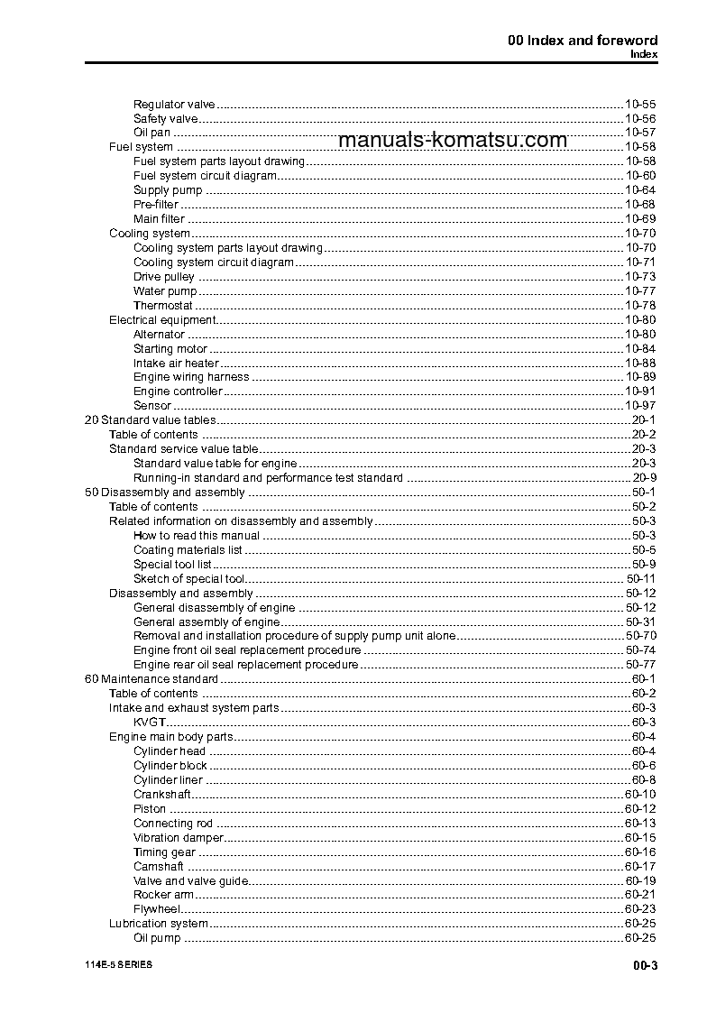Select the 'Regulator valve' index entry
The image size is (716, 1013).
coord(174,104)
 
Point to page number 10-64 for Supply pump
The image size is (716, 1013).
coord(640,190)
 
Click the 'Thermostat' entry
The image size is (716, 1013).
coord(163,306)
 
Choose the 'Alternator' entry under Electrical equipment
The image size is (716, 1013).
coord(159,335)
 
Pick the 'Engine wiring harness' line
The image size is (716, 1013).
coord(191,377)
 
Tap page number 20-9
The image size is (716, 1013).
coord(644,478)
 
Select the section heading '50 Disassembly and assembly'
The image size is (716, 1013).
coord(164,493)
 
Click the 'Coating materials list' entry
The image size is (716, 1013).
coord(188,550)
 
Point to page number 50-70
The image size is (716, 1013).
coord(640,636)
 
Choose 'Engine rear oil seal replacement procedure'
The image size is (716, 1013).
coord(245,665)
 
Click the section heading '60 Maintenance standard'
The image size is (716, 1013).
coord(151,679)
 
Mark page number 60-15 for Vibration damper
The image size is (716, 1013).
coord(640,838)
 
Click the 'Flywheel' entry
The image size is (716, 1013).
coord(157,909)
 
